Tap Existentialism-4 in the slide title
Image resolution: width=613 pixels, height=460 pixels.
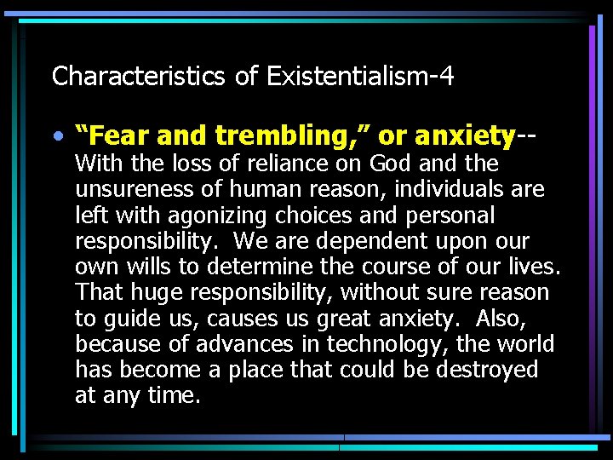[360, 77]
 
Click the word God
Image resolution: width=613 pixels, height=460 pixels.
[389, 163]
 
